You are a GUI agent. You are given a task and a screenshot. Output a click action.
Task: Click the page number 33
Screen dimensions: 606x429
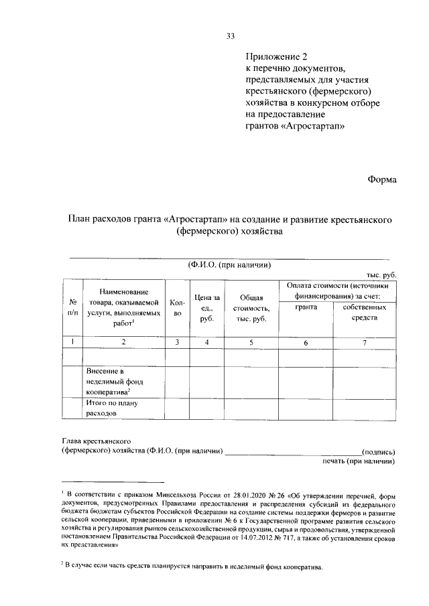point(230,36)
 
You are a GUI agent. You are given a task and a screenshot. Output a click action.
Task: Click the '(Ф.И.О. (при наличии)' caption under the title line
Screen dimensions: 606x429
point(229,264)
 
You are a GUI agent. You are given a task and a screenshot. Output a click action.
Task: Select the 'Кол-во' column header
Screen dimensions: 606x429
point(177,307)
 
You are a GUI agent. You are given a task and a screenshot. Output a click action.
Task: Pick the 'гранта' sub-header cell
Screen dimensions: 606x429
point(305,307)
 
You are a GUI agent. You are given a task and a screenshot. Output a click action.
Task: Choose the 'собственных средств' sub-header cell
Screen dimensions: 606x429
point(364,312)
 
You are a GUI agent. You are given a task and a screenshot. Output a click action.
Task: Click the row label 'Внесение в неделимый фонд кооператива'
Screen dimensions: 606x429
point(111,381)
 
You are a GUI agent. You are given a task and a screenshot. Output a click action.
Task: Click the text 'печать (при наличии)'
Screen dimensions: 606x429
point(359,461)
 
